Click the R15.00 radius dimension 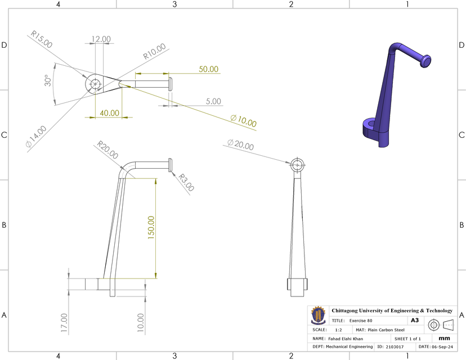point(42,39)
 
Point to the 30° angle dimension point(50,82)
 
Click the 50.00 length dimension point(208,69)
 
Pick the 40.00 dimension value point(109,112)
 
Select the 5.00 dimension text point(213,102)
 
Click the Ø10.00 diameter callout point(243,120)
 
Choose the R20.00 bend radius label point(108,150)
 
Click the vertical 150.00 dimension point(151,227)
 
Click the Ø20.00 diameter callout point(240,144)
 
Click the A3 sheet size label point(415,320)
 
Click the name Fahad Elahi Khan point(346,339)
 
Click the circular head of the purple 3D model point(426,60)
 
